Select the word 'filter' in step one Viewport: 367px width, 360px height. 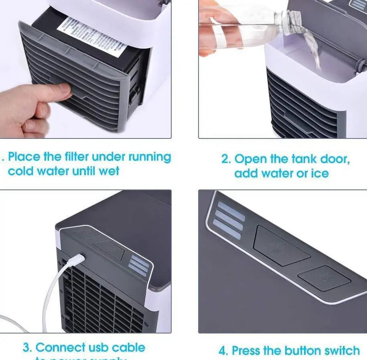pyautogui.click(x=77, y=157)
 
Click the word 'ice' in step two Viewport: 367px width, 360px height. pyautogui.click(x=319, y=173)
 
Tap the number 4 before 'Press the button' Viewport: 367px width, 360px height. pyautogui.click(x=223, y=350)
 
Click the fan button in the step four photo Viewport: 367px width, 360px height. pyautogui.click(x=282, y=246)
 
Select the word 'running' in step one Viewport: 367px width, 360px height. pyautogui.click(x=148, y=157)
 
